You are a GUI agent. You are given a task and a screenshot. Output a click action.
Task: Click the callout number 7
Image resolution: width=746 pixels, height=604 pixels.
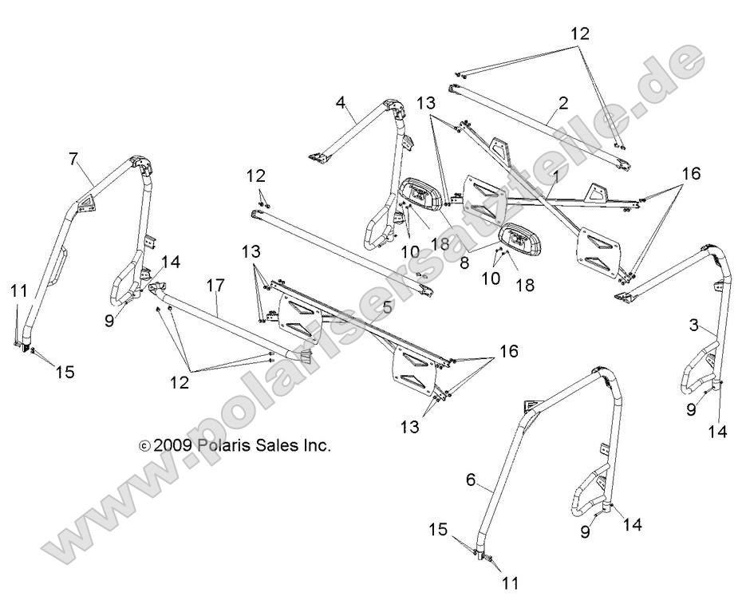click(x=73, y=160)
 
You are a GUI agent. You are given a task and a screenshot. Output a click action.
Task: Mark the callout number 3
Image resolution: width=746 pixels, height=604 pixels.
click(x=694, y=326)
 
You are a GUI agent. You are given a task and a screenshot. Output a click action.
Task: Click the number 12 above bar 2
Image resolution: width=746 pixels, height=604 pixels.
click(x=579, y=34)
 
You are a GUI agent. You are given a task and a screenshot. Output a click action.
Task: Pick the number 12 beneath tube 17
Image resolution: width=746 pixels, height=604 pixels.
click(x=180, y=384)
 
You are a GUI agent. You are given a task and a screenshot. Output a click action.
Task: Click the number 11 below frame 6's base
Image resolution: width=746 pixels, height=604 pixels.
click(x=510, y=583)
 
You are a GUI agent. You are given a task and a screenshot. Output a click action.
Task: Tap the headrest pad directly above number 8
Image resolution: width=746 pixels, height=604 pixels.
click(x=515, y=238)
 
